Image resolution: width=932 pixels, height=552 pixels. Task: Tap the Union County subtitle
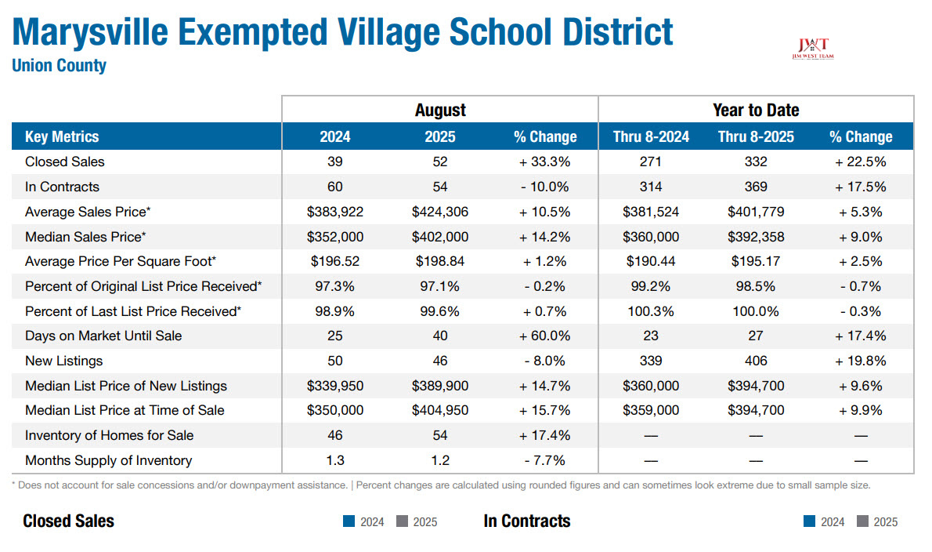coord(59,66)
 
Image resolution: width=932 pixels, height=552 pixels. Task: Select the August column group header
coord(440,110)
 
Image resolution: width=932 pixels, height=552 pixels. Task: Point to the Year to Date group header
coord(755,110)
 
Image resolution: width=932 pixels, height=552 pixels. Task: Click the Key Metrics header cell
coord(62,136)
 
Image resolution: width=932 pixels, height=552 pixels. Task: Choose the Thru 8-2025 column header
coord(755,136)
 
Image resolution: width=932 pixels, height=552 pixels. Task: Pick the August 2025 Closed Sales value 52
coord(440,162)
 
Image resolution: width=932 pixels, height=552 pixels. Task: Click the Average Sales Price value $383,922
coord(335,212)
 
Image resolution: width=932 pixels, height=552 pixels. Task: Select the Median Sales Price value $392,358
coord(755,237)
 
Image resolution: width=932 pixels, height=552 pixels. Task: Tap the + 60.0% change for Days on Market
coord(544,336)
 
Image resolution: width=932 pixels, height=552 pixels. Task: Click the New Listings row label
coord(63,361)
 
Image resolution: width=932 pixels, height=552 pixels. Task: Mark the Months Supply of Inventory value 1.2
coord(440,460)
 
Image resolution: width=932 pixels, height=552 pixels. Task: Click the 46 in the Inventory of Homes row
coord(335,435)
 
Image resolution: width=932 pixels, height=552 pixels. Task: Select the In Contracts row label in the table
coord(62,187)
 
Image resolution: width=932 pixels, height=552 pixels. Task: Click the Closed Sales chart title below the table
coord(68,521)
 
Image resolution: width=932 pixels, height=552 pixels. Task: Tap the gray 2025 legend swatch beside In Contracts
coord(863,521)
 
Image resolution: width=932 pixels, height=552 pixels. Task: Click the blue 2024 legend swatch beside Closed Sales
coord(349,521)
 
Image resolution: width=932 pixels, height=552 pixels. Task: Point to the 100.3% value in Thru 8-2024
coord(650,311)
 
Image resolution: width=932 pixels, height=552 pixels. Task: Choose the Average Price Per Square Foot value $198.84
coord(440,261)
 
